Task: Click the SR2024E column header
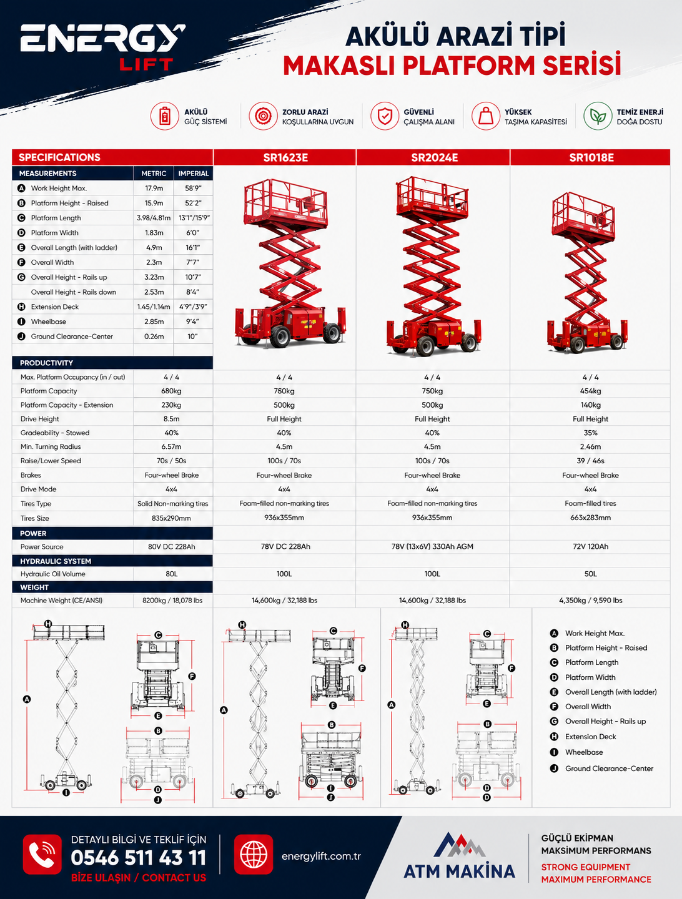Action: click(434, 158)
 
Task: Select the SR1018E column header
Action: click(591, 158)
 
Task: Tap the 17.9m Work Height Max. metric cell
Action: click(154, 189)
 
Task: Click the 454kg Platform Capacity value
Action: click(590, 391)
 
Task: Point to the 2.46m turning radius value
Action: click(590, 447)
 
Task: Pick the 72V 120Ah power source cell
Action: click(590, 546)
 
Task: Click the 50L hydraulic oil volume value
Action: click(590, 574)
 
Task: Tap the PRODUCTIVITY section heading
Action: click(46, 363)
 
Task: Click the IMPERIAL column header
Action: click(194, 174)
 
